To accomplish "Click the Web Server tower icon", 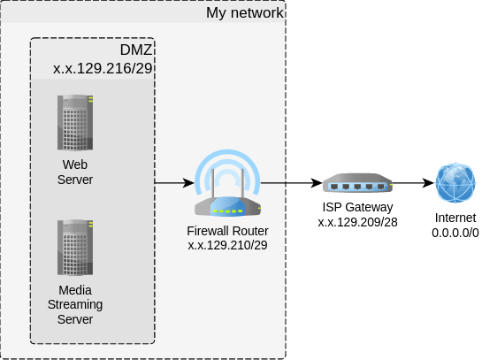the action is [x=75, y=123].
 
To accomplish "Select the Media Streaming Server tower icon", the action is [x=75, y=248].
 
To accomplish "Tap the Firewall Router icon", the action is [x=227, y=183].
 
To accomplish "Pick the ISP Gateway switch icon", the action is [x=357, y=183].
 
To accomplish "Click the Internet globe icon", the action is [x=455, y=183].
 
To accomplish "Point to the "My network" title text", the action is [x=245, y=13].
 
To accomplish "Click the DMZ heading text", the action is [x=136, y=50].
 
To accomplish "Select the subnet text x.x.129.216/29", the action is [x=103, y=68].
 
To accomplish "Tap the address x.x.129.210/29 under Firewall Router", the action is [x=227, y=245].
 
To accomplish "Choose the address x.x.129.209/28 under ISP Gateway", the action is [x=357, y=222].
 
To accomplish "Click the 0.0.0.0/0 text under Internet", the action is [x=455, y=233].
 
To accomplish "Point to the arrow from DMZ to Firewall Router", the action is [x=174, y=183].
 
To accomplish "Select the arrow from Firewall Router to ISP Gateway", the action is [x=292, y=183].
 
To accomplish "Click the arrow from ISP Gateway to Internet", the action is [x=413, y=183].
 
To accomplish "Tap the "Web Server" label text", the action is [x=75, y=172].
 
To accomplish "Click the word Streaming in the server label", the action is [x=75, y=304].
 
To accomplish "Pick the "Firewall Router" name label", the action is [x=227, y=231].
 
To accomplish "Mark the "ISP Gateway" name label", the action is [x=357, y=207].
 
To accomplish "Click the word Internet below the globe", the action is [x=455, y=218].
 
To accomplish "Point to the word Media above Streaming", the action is [x=75, y=290].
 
